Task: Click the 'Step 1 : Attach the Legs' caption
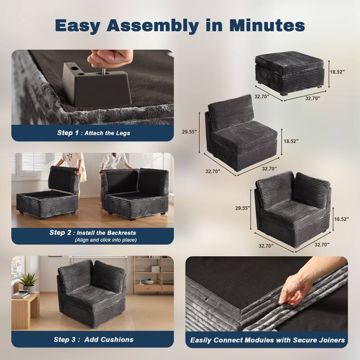click(94, 133)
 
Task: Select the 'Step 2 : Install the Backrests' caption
click(93, 233)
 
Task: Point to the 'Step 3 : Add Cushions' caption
click(94, 339)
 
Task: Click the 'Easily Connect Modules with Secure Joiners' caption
click(267, 340)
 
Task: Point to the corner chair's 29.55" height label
click(242, 208)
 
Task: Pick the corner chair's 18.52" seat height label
click(342, 219)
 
